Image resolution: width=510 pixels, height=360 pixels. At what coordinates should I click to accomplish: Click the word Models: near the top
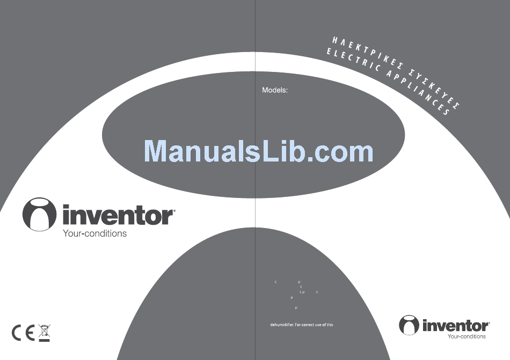click(275, 90)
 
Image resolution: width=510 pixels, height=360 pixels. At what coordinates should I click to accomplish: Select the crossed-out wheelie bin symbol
click(44, 329)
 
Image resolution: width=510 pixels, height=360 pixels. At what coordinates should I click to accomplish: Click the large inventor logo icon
click(39, 214)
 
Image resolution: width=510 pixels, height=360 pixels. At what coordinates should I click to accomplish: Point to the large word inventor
click(119, 216)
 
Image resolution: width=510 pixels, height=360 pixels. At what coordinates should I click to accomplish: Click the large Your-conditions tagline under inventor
click(95, 233)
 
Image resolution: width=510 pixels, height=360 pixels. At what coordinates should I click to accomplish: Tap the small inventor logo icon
click(409, 325)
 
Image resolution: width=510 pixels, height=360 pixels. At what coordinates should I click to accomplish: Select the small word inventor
click(456, 326)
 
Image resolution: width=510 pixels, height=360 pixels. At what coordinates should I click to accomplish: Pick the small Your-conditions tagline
click(467, 336)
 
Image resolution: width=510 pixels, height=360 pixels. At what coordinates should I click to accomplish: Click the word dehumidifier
click(281, 325)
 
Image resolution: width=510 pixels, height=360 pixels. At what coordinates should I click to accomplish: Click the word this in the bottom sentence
click(330, 325)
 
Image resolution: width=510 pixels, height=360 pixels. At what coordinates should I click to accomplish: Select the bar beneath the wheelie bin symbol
click(44, 340)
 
